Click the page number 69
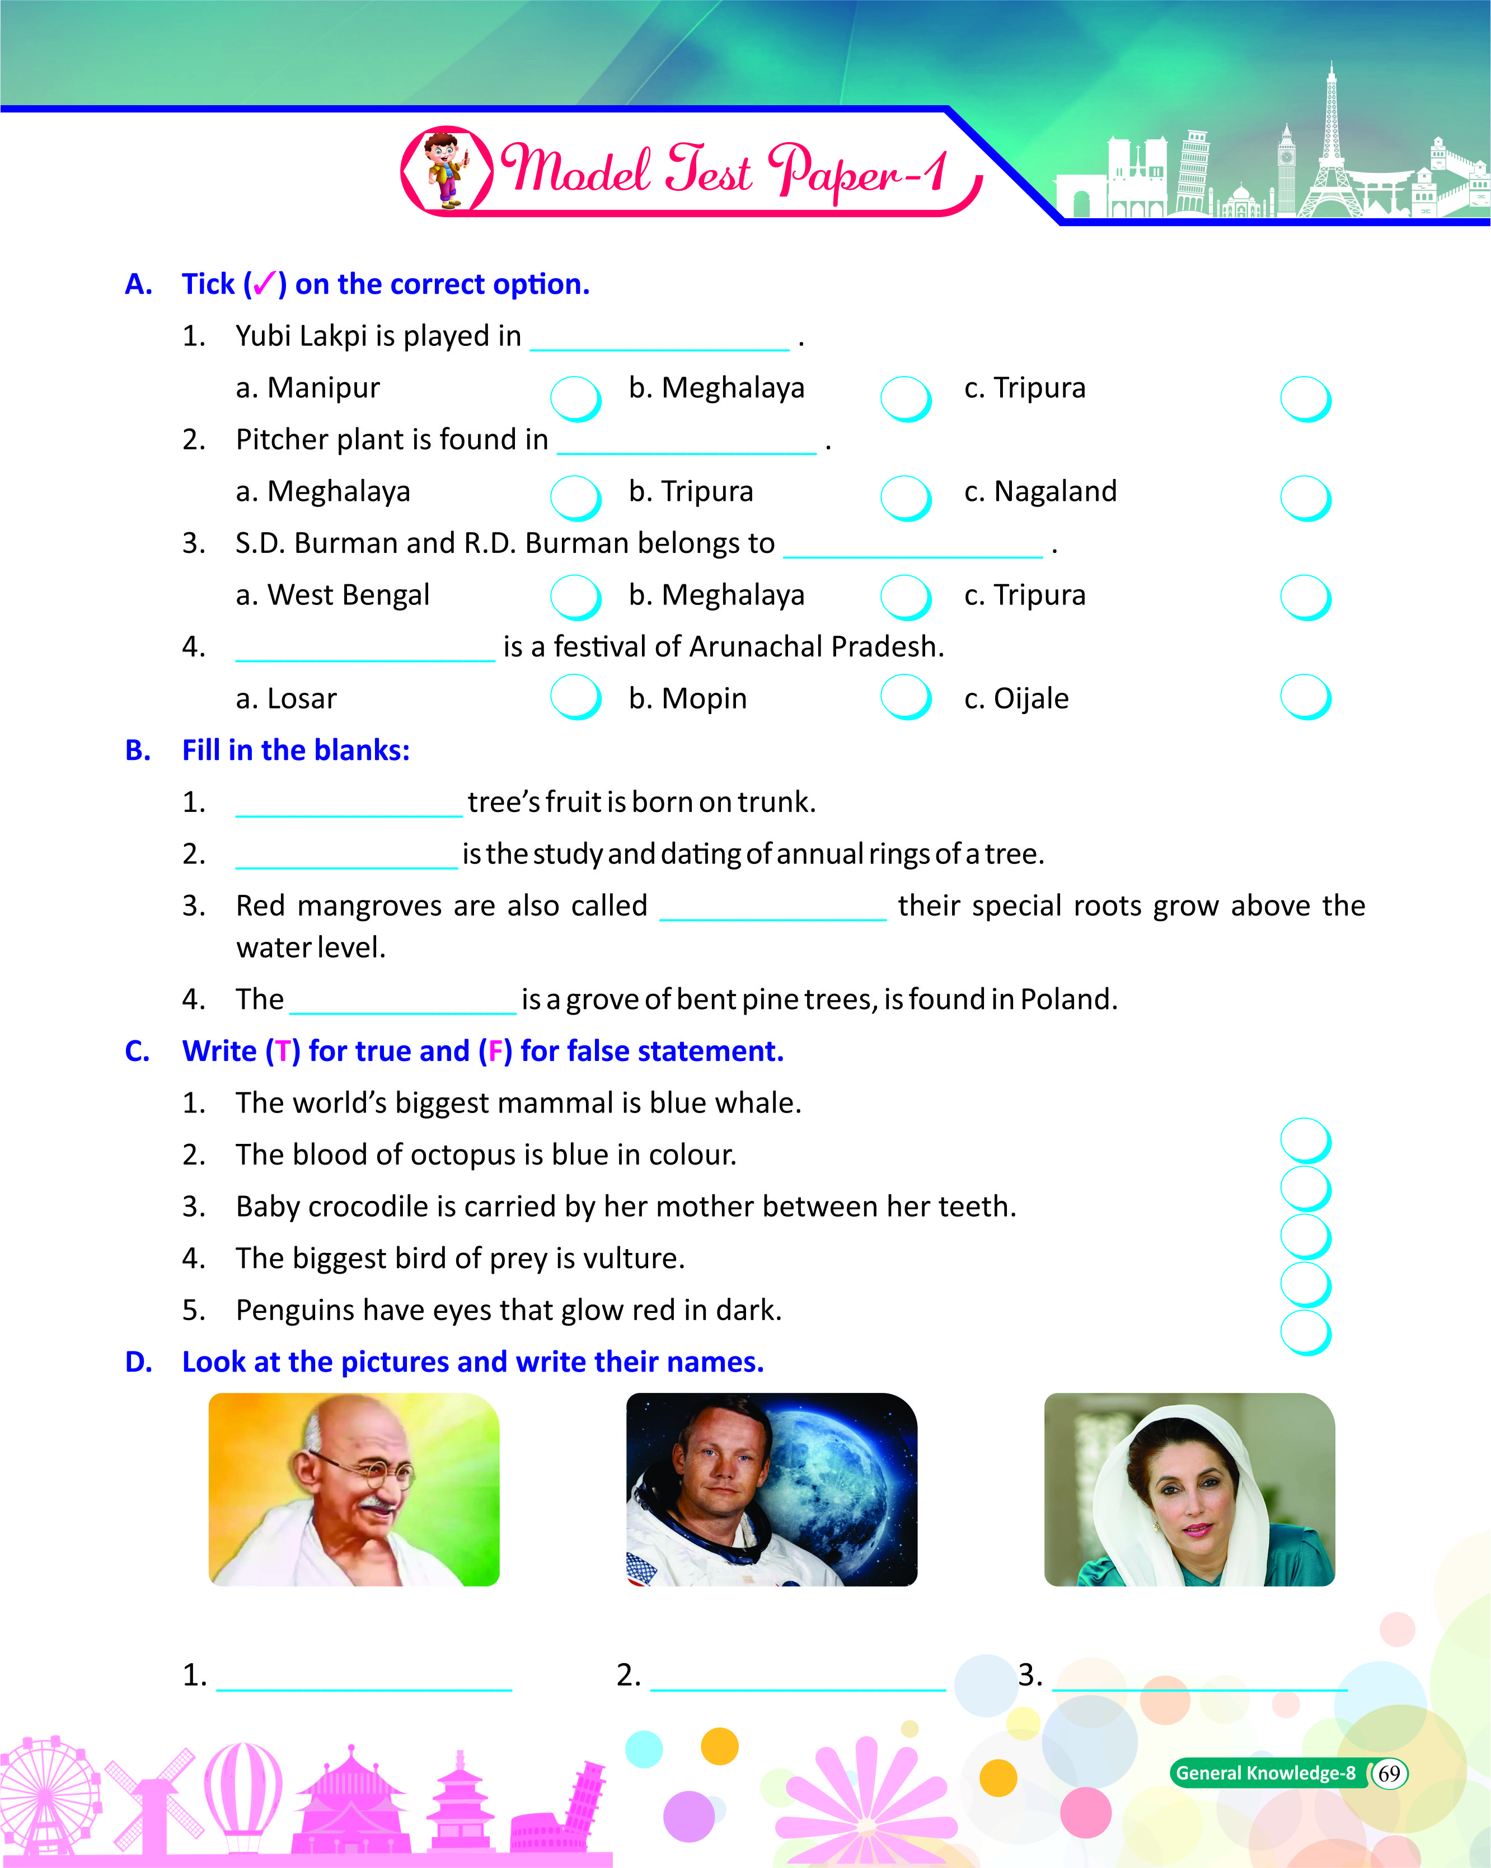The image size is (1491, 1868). coord(1389,1773)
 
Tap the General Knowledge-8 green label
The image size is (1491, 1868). coord(1265,1773)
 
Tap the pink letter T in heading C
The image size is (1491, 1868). coord(283,1051)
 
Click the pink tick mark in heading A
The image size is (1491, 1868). coord(264,283)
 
